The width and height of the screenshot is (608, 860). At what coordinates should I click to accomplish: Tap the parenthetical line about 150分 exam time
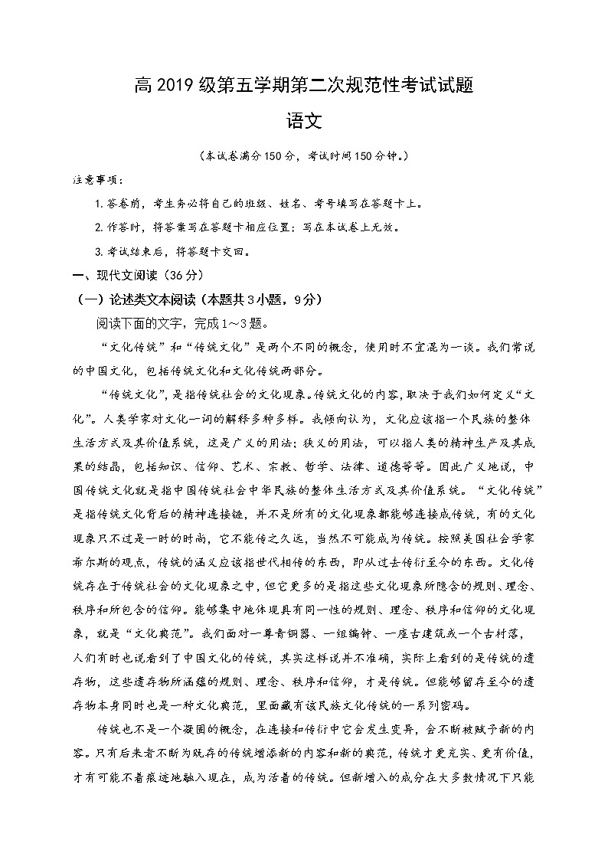(303, 156)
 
